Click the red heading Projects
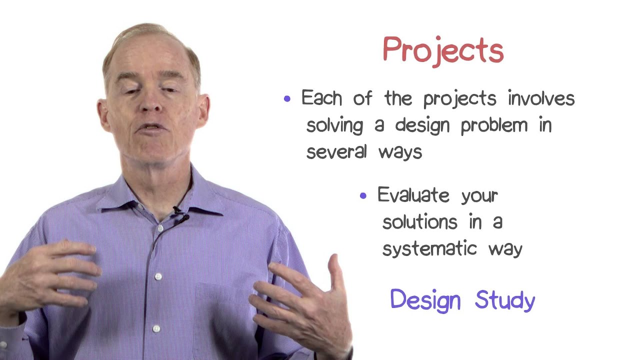443,52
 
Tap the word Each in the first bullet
321,97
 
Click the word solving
334,125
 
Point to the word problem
494,125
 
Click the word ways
400,153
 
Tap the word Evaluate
413,194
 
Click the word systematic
429,248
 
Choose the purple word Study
505,300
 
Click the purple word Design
425,300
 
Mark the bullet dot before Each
287,99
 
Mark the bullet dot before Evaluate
363,195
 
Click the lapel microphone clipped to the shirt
180,216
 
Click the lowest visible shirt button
156,328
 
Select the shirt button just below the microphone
160,228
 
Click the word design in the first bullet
422,125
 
